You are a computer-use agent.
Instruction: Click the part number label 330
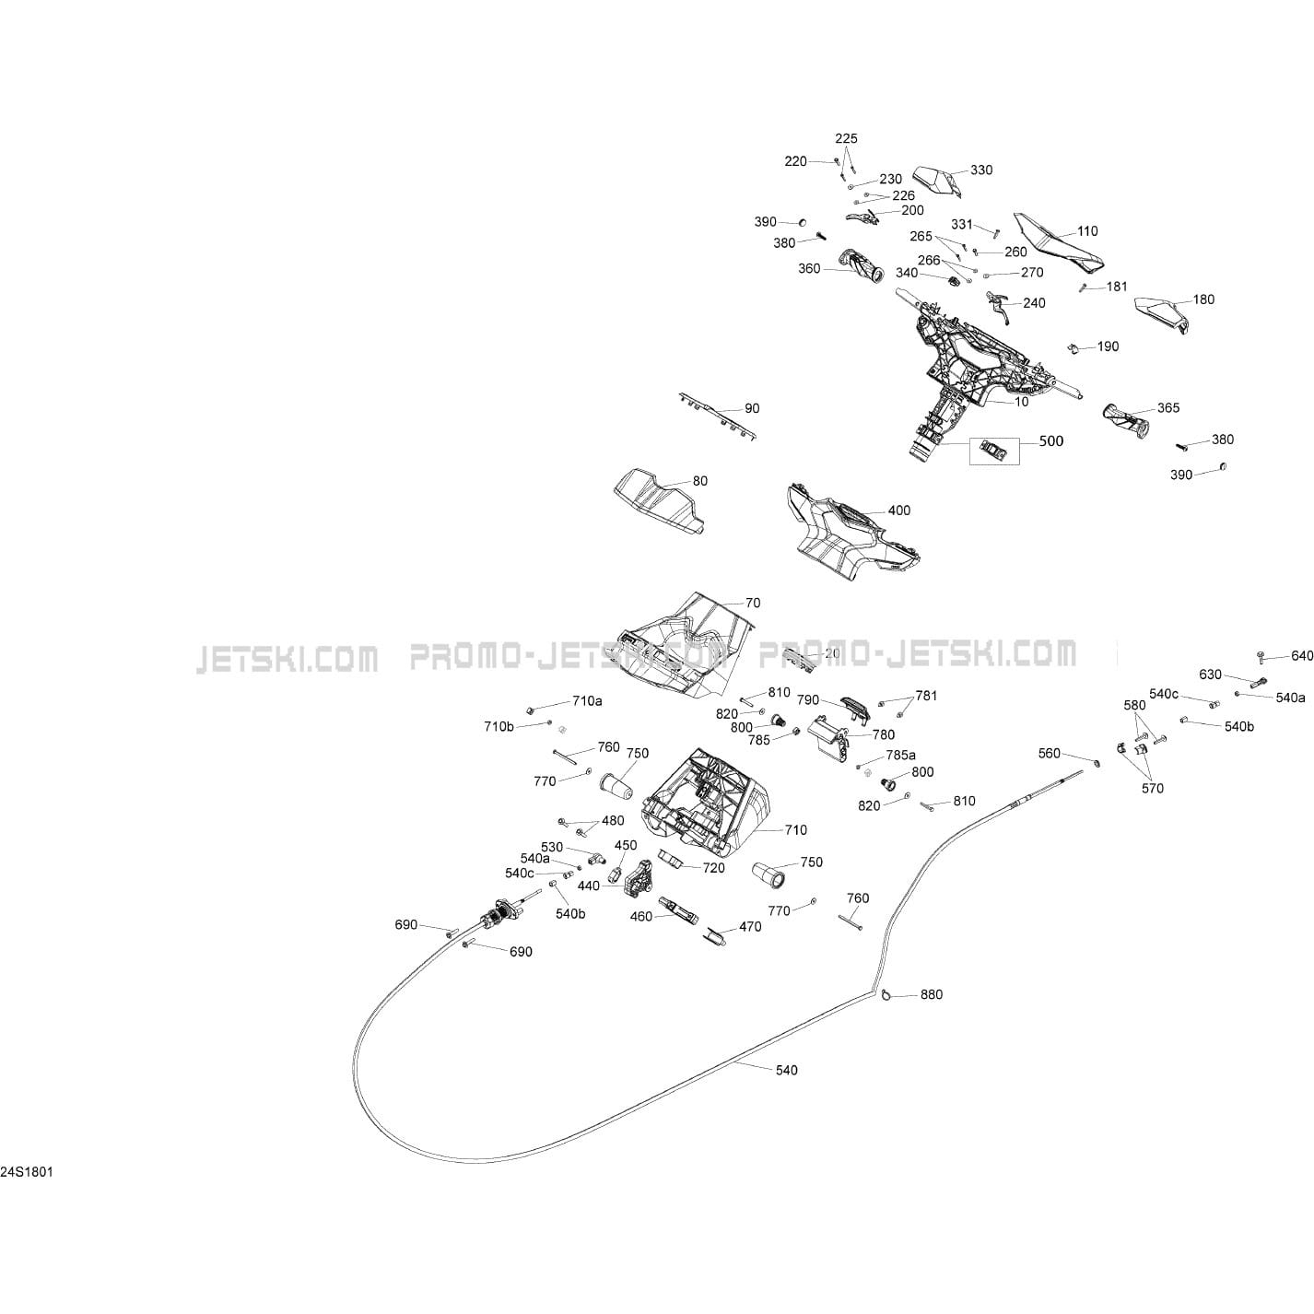pos(981,170)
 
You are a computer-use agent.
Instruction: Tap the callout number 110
pos(1087,231)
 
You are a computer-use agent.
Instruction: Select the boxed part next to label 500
pos(994,449)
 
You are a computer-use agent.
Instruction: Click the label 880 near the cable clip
pos(932,994)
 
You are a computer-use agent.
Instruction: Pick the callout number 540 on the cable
pos(786,1070)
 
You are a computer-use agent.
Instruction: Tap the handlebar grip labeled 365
pos(1126,422)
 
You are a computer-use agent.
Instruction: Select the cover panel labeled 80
pos(656,499)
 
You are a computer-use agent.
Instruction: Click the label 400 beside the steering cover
pos(898,510)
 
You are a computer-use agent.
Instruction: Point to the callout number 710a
pos(587,701)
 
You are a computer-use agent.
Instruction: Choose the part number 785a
pos(900,756)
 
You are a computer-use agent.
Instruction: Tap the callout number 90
pos(752,408)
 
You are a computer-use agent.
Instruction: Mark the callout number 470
pos(750,927)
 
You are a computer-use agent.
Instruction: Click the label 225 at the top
pos(846,138)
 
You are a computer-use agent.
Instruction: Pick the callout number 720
pos(713,867)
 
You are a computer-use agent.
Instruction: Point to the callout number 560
pos(1049,754)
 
